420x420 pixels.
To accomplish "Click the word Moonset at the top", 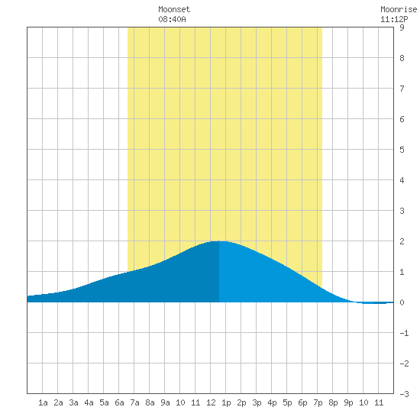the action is coord(174,9).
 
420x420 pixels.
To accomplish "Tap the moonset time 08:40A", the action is coord(172,19).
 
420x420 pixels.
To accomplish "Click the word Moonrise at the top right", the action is coord(399,9).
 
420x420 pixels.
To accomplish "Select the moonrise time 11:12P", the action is coord(394,19).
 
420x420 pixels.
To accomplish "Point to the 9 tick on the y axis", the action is coord(402,27).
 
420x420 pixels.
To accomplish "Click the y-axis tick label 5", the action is coord(402,150).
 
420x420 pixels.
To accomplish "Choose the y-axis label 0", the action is coord(402,302).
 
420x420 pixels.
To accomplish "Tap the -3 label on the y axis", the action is coord(404,394).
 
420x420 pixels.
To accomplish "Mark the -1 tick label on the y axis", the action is coord(404,333).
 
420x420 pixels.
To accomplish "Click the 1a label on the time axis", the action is coord(43,402).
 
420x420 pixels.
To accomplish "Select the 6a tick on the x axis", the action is coord(119,402).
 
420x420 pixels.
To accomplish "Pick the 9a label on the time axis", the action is coord(165,402).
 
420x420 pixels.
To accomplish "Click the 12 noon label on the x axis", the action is coord(211,402).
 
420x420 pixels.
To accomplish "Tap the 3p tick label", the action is coord(257,402).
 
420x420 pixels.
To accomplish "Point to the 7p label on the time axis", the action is coord(318,402).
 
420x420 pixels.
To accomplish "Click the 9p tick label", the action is coord(348,402).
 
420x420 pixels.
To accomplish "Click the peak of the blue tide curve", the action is coord(219,241).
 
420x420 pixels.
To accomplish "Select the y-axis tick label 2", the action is coord(402,241).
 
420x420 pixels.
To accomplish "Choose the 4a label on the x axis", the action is coord(89,402).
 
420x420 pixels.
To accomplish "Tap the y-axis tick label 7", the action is coord(402,89).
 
